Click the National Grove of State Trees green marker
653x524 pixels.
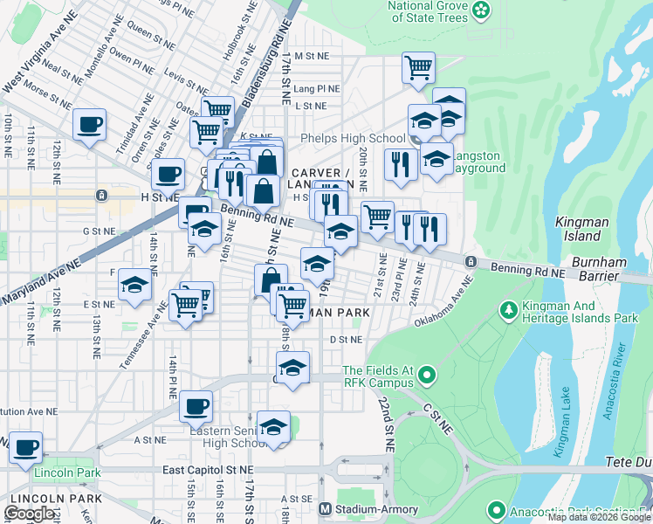click(481, 10)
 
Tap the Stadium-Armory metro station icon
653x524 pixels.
click(325, 508)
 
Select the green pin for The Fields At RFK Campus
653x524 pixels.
click(426, 376)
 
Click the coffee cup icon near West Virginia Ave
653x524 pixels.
click(89, 125)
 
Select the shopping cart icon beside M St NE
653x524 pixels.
click(419, 67)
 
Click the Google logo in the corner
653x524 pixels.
click(30, 513)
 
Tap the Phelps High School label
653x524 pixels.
click(352, 139)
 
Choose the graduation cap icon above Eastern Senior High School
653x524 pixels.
click(274, 427)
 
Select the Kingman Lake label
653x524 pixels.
click(563, 421)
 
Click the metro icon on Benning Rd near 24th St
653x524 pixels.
click(471, 261)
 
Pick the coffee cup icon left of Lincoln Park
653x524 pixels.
click(25, 447)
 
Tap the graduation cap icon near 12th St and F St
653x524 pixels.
click(134, 286)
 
